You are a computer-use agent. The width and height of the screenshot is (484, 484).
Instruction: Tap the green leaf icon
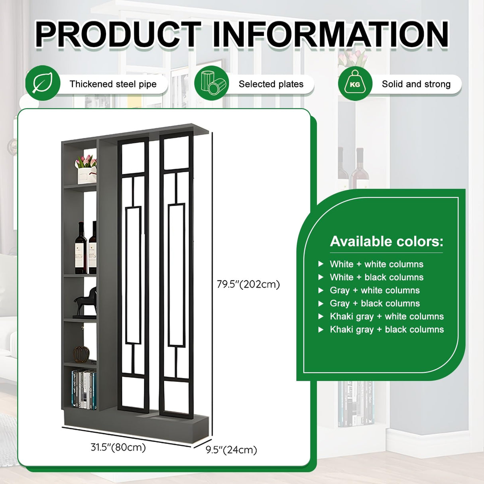43,83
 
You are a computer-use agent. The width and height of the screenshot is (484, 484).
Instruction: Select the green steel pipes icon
212,83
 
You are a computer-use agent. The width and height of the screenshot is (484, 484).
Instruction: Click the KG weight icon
355,83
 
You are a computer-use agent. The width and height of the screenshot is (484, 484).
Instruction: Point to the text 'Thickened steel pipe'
113,84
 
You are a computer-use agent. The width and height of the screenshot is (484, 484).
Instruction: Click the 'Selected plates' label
271,84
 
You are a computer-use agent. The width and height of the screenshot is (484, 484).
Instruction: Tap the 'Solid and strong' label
416,84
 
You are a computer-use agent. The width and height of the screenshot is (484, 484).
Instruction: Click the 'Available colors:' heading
386,241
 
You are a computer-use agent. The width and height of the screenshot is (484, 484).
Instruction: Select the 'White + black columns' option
376,277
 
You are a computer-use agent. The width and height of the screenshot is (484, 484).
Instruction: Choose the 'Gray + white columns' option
374,290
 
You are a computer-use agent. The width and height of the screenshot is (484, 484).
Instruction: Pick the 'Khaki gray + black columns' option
387,329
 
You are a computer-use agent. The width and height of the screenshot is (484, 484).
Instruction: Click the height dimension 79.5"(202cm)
248,284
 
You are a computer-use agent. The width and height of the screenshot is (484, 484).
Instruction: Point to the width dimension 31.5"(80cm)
118,447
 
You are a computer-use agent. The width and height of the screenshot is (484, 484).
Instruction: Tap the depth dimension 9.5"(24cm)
231,450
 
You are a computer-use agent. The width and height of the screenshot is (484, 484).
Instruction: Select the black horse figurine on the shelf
86,302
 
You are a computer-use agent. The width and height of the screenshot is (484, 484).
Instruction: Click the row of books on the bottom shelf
84,389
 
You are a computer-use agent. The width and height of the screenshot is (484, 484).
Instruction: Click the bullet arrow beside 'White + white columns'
321,264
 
